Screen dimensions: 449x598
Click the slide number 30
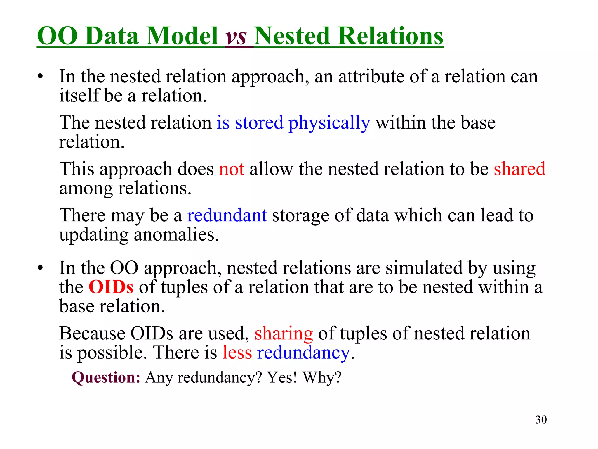pos(541,419)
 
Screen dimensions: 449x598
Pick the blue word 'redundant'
pos(227,215)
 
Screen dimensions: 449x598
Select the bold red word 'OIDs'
pos(111,287)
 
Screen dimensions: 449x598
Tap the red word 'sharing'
pos(284,334)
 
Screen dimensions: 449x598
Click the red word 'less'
pos(237,353)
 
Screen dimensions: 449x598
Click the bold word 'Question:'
pos(106,377)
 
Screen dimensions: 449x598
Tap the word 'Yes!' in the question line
pos(282,377)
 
